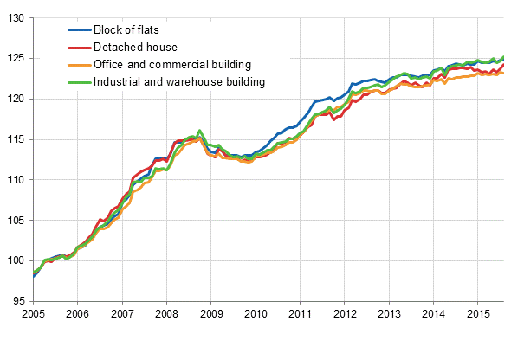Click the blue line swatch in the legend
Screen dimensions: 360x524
tap(80, 30)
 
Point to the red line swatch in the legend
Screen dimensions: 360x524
tap(80, 48)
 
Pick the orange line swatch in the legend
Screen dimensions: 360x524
tap(80, 65)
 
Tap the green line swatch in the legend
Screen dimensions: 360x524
tap(80, 82)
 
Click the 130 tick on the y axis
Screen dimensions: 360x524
tap(16, 18)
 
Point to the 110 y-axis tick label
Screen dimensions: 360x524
tap(16, 180)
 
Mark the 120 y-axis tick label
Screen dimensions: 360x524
tap(16, 99)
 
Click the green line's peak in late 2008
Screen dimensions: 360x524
tap(200, 131)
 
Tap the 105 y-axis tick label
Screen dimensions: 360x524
tap(16, 221)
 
